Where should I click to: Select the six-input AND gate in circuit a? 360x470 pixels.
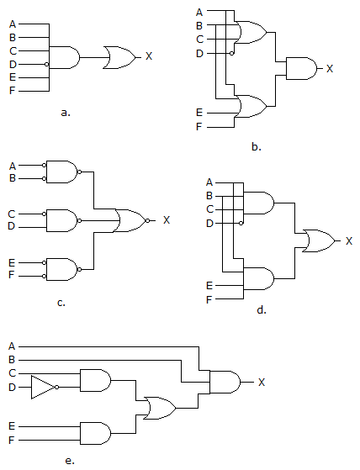point(66,57)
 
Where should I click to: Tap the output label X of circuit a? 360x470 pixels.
point(149,56)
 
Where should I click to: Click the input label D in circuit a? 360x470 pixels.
point(12,63)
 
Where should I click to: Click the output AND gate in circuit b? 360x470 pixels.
point(301,68)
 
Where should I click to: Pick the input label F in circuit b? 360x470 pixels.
point(199,127)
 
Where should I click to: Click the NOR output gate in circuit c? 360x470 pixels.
point(130,220)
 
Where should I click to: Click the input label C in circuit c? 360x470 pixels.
point(12,214)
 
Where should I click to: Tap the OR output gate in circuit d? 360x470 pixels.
point(317,240)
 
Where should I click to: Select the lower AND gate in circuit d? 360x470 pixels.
point(259,278)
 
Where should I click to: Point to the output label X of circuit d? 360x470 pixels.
point(348,241)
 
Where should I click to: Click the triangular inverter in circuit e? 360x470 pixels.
point(42,387)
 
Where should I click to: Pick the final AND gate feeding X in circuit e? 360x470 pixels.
point(223,383)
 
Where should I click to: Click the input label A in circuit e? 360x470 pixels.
point(12,346)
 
